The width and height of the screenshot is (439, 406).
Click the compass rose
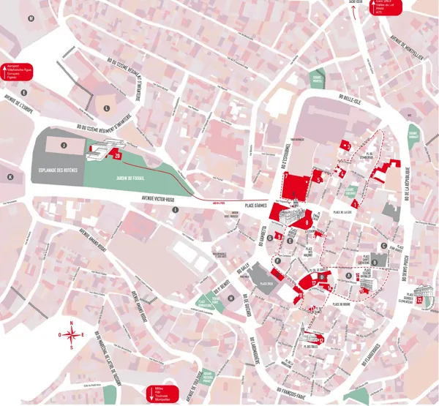(x=72, y=336)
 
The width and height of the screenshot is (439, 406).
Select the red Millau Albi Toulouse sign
(x=161, y=393)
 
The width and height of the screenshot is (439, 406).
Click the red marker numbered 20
(x=116, y=156)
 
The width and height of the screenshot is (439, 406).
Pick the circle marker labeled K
(x=10, y=177)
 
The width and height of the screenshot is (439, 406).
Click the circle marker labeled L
(x=107, y=108)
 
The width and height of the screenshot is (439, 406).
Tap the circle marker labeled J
(x=64, y=146)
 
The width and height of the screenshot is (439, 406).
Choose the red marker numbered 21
(x=419, y=299)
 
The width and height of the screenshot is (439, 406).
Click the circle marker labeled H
(x=230, y=298)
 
